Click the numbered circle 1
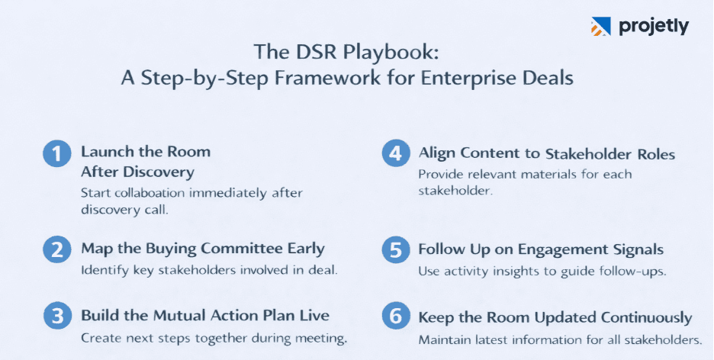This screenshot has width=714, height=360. coord(56,154)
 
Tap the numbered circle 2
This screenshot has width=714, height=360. coord(56,251)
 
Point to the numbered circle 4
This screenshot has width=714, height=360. coord(394,154)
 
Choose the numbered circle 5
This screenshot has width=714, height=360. coord(394,251)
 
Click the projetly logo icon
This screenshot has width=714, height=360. coord(601,27)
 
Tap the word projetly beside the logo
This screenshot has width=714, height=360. coord(654,27)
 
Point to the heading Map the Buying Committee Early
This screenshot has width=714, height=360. coord(203,249)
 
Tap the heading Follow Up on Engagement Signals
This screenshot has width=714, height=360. coord(541,249)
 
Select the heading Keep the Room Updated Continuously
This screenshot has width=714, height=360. coord(555,317)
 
